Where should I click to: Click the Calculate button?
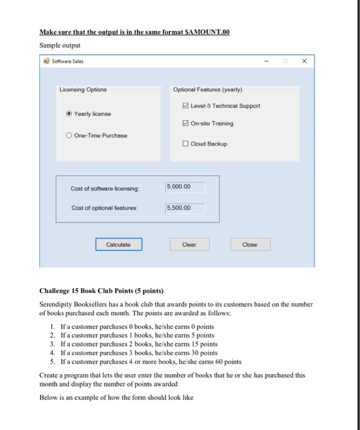pyautogui.click(x=119, y=244)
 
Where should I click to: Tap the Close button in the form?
pyautogui.click(x=249, y=244)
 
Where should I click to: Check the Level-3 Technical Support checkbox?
pyautogui.click(x=187, y=106)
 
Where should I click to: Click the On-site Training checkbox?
pyautogui.click(x=187, y=123)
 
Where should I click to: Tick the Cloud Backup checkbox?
pyautogui.click(x=187, y=144)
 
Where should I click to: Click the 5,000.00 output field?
pyautogui.click(x=184, y=187)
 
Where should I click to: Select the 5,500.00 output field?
pyautogui.click(x=184, y=208)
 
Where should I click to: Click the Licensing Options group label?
pyautogui.click(x=83, y=90)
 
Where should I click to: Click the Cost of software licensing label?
pyautogui.click(x=105, y=187)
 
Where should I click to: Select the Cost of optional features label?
pyautogui.click(x=105, y=208)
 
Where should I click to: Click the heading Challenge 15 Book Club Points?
pyautogui.click(x=101, y=291)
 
